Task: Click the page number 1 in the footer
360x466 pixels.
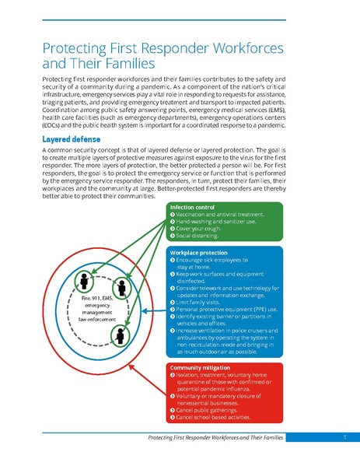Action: pyautogui.click(x=342, y=439)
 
